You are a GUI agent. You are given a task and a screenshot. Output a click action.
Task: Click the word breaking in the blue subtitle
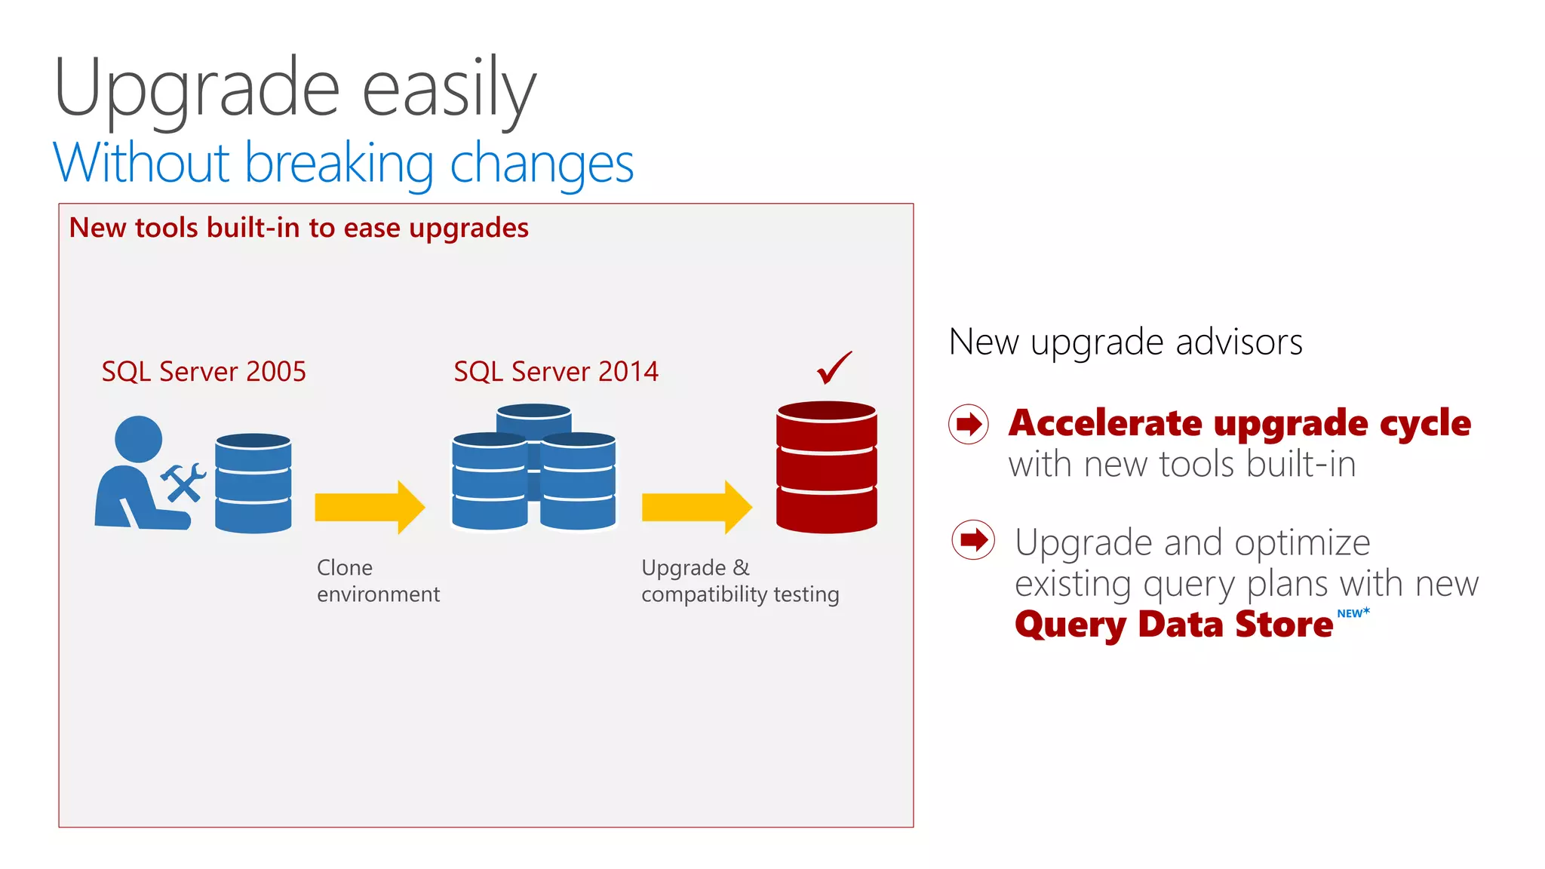[339, 164]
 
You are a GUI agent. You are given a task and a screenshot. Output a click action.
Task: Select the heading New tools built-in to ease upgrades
[299, 228]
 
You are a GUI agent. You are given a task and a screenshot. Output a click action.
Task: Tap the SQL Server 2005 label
[204, 371]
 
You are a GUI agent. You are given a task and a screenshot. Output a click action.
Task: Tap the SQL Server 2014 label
[556, 371]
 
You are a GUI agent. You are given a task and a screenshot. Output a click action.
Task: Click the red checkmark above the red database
[834, 368]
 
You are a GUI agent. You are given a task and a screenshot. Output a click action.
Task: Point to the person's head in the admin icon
[138, 439]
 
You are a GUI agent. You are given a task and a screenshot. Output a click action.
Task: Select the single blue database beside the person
[253, 483]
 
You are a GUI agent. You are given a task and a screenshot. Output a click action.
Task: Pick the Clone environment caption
[377, 581]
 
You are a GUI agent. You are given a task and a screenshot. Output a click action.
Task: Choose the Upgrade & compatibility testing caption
[739, 581]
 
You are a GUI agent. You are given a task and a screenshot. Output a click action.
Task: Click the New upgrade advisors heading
[1126, 342]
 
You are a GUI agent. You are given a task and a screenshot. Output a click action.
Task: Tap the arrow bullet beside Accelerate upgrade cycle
[969, 424]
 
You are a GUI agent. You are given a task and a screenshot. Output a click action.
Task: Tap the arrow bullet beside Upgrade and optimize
[973, 539]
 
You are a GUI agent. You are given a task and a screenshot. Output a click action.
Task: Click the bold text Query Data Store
[1173, 625]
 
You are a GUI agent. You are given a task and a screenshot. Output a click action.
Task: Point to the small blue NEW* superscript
[1353, 613]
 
